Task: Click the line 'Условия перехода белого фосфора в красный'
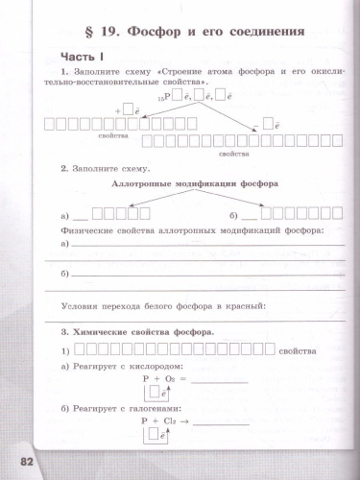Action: tap(162, 306)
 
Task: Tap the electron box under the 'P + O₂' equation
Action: tap(165, 393)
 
